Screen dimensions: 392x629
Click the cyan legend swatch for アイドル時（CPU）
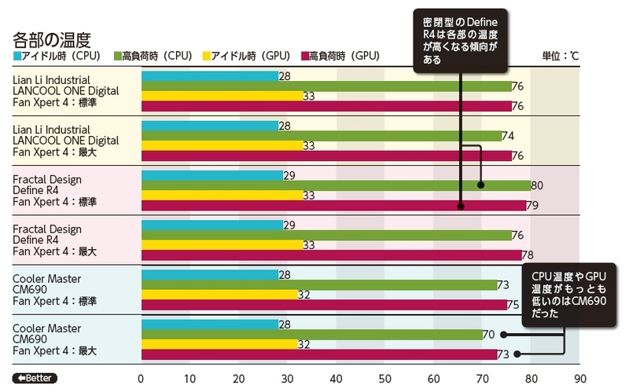click(x=17, y=57)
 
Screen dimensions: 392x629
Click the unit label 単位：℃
click(x=560, y=57)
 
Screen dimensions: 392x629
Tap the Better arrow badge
click(x=35, y=376)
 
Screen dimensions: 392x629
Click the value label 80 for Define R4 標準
click(x=538, y=185)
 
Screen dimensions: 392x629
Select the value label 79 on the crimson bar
click(x=532, y=206)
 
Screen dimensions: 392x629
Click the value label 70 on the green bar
click(x=489, y=335)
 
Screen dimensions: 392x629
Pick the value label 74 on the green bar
click(x=508, y=136)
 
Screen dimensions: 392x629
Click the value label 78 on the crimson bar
click(x=528, y=255)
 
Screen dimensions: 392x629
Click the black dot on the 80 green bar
click(x=481, y=185)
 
